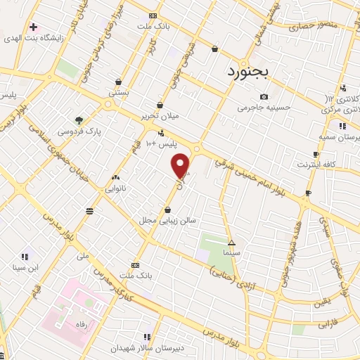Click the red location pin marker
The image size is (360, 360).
[x=181, y=165]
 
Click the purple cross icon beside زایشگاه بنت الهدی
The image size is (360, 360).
[x=33, y=27]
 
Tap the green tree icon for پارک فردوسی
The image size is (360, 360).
[x=79, y=120]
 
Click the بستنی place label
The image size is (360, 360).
[x=117, y=92]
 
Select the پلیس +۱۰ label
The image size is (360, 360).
[x=161, y=143]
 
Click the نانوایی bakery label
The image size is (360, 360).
[x=116, y=188]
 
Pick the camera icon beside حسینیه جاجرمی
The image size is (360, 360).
[x=264, y=96]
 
